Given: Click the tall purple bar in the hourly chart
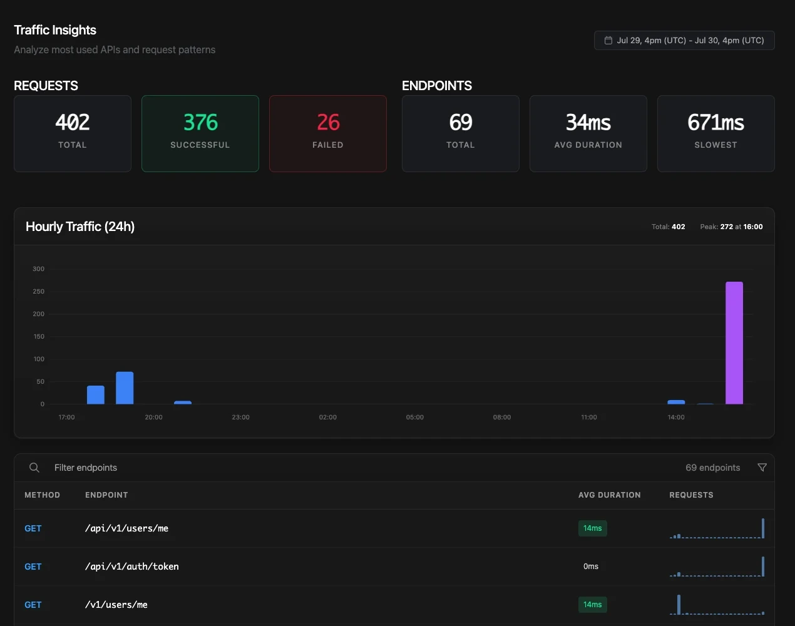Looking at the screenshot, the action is [734, 342].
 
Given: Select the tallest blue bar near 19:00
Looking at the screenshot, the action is [125, 387].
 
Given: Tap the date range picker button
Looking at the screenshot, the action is [684, 40].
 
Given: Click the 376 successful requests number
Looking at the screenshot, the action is [200, 122].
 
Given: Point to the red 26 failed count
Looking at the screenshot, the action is [328, 122].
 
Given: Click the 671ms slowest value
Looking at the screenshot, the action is [715, 122].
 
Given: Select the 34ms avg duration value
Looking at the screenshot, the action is [588, 122].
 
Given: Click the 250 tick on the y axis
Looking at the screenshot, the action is [38, 291].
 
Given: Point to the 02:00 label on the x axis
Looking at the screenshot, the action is [327, 417].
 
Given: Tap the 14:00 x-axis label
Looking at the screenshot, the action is [675, 417].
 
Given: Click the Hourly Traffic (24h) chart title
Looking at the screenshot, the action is [80, 227].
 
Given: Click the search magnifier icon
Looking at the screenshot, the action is [34, 468].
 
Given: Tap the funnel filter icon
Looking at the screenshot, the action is [762, 468].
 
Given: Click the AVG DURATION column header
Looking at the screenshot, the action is [610, 495].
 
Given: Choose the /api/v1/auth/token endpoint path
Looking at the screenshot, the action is [132, 566].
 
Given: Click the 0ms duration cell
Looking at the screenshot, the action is [591, 566].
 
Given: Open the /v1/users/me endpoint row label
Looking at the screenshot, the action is [116, 605].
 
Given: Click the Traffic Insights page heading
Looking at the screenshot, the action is [55, 30].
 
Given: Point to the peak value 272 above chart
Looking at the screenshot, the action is [726, 227].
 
